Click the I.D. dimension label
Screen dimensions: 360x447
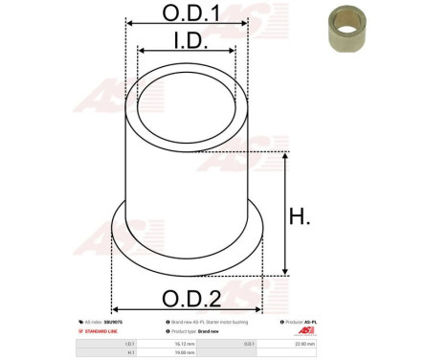(187, 41)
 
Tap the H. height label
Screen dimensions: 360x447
(300, 217)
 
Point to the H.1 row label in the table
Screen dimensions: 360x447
(130, 351)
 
